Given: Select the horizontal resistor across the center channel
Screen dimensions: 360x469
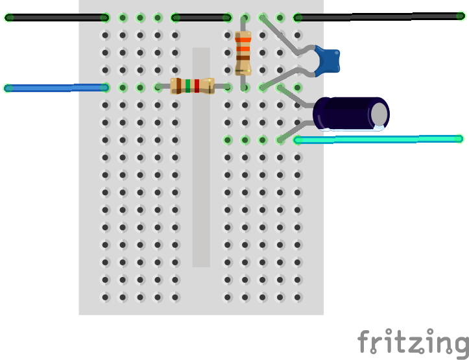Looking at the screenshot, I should coord(192,86).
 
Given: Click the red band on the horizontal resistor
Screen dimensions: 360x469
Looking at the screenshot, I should coord(197,86).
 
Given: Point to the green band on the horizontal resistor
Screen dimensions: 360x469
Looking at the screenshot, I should coord(188,86).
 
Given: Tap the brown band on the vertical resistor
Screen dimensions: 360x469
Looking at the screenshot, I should coord(243,58).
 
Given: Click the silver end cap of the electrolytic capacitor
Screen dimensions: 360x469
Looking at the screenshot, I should coord(379,114).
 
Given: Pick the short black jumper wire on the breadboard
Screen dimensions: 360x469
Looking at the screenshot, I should coord(201,18).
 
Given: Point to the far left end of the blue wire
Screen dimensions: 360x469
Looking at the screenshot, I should coord(8,88).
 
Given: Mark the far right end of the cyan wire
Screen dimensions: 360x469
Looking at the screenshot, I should coord(459,138).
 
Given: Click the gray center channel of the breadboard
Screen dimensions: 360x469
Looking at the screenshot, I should coord(201,195).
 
